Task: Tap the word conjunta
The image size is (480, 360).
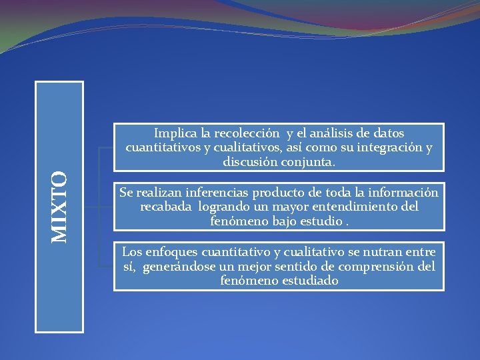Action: pos(309,161)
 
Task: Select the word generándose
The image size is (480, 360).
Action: pos(174,267)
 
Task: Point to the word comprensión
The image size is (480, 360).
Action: pos(373,267)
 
